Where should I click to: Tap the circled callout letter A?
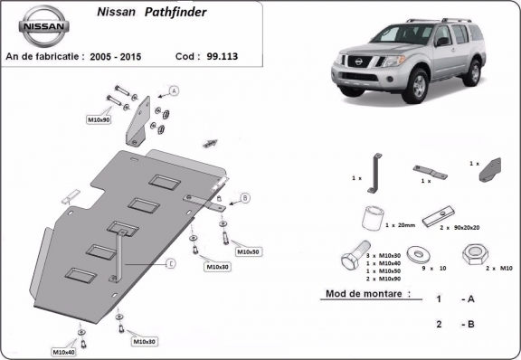pos(174,90)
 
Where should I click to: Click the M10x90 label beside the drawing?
pos(99,119)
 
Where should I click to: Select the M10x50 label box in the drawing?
pos(247,251)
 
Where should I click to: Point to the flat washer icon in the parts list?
pos(419,252)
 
